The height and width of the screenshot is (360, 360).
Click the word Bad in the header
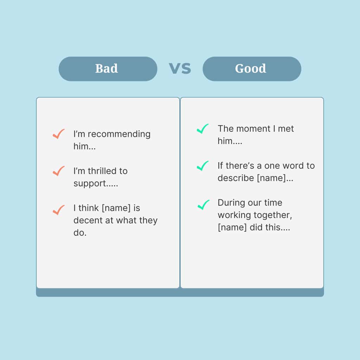(x=107, y=69)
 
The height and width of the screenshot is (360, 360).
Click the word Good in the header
(x=250, y=69)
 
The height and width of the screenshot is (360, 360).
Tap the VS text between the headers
(x=180, y=69)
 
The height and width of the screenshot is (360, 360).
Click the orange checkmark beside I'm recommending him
(x=59, y=134)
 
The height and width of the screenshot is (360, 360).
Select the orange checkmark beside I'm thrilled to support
(x=59, y=171)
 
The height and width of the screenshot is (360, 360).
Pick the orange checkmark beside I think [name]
(x=59, y=210)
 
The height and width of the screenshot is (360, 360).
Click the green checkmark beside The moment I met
(x=203, y=129)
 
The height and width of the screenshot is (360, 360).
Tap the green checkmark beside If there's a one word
(x=203, y=166)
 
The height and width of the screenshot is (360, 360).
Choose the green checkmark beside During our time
(x=203, y=205)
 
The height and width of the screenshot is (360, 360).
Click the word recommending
(x=119, y=134)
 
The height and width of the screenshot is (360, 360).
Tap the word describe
(x=236, y=178)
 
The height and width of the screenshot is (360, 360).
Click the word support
(x=90, y=184)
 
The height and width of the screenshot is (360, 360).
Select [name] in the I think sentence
(x=116, y=208)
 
